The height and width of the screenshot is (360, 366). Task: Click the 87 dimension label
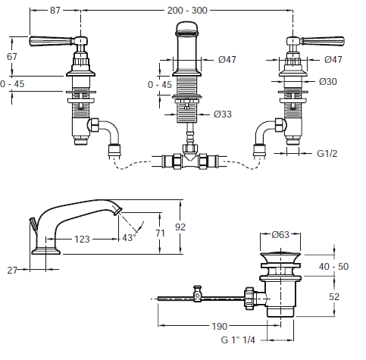point(55,11)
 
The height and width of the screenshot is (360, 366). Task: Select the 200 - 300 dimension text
point(187,11)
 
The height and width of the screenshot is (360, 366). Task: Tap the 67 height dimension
point(12,56)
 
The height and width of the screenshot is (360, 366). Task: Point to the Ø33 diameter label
point(223,114)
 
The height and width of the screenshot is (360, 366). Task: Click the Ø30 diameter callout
point(328,82)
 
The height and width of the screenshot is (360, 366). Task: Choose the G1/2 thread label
point(327,153)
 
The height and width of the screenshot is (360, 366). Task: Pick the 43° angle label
point(129,238)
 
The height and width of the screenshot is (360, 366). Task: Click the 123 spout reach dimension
point(82,239)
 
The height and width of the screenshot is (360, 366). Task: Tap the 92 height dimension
point(180,227)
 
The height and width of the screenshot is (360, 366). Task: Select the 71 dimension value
point(160,233)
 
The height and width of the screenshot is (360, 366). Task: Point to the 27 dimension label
point(12,271)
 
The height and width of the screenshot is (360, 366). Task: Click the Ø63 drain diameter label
point(280,234)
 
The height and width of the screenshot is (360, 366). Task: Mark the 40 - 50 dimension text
point(333,267)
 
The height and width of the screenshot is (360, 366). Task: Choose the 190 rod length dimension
point(220,326)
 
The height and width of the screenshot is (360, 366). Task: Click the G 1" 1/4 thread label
point(238,340)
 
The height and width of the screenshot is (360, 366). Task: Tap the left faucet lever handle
point(52,41)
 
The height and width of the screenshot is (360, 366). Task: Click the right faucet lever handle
point(322,41)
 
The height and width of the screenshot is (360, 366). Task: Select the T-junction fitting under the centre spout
point(190,157)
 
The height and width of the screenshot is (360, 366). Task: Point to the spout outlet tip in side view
point(118,211)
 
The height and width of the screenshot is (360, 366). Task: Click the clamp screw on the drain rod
point(197,294)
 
